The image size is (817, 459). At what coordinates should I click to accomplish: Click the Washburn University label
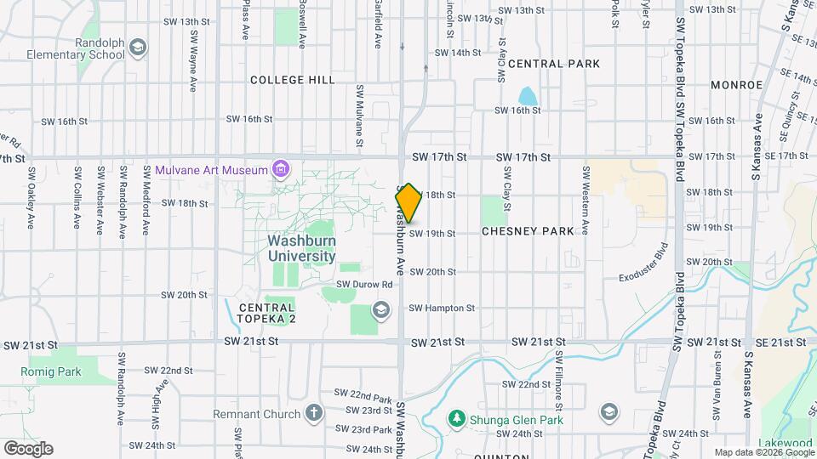pyautogui.click(x=301, y=247)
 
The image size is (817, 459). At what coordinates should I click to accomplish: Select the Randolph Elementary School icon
pyautogui.click(x=138, y=49)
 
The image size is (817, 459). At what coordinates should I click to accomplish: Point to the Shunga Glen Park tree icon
pyautogui.click(x=457, y=420)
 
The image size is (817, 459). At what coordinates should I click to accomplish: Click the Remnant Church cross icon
pyautogui.click(x=315, y=414)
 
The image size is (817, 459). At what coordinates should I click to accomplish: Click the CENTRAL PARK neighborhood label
pyautogui.click(x=554, y=64)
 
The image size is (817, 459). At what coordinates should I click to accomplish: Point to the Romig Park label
pyautogui.click(x=51, y=371)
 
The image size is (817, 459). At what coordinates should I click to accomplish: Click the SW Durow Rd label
pyautogui.click(x=364, y=285)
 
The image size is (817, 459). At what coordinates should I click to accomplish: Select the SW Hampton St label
pyautogui.click(x=441, y=308)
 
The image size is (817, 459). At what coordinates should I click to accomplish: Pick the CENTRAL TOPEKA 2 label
pyautogui.click(x=266, y=313)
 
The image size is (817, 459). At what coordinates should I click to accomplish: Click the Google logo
pyautogui.click(x=28, y=448)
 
